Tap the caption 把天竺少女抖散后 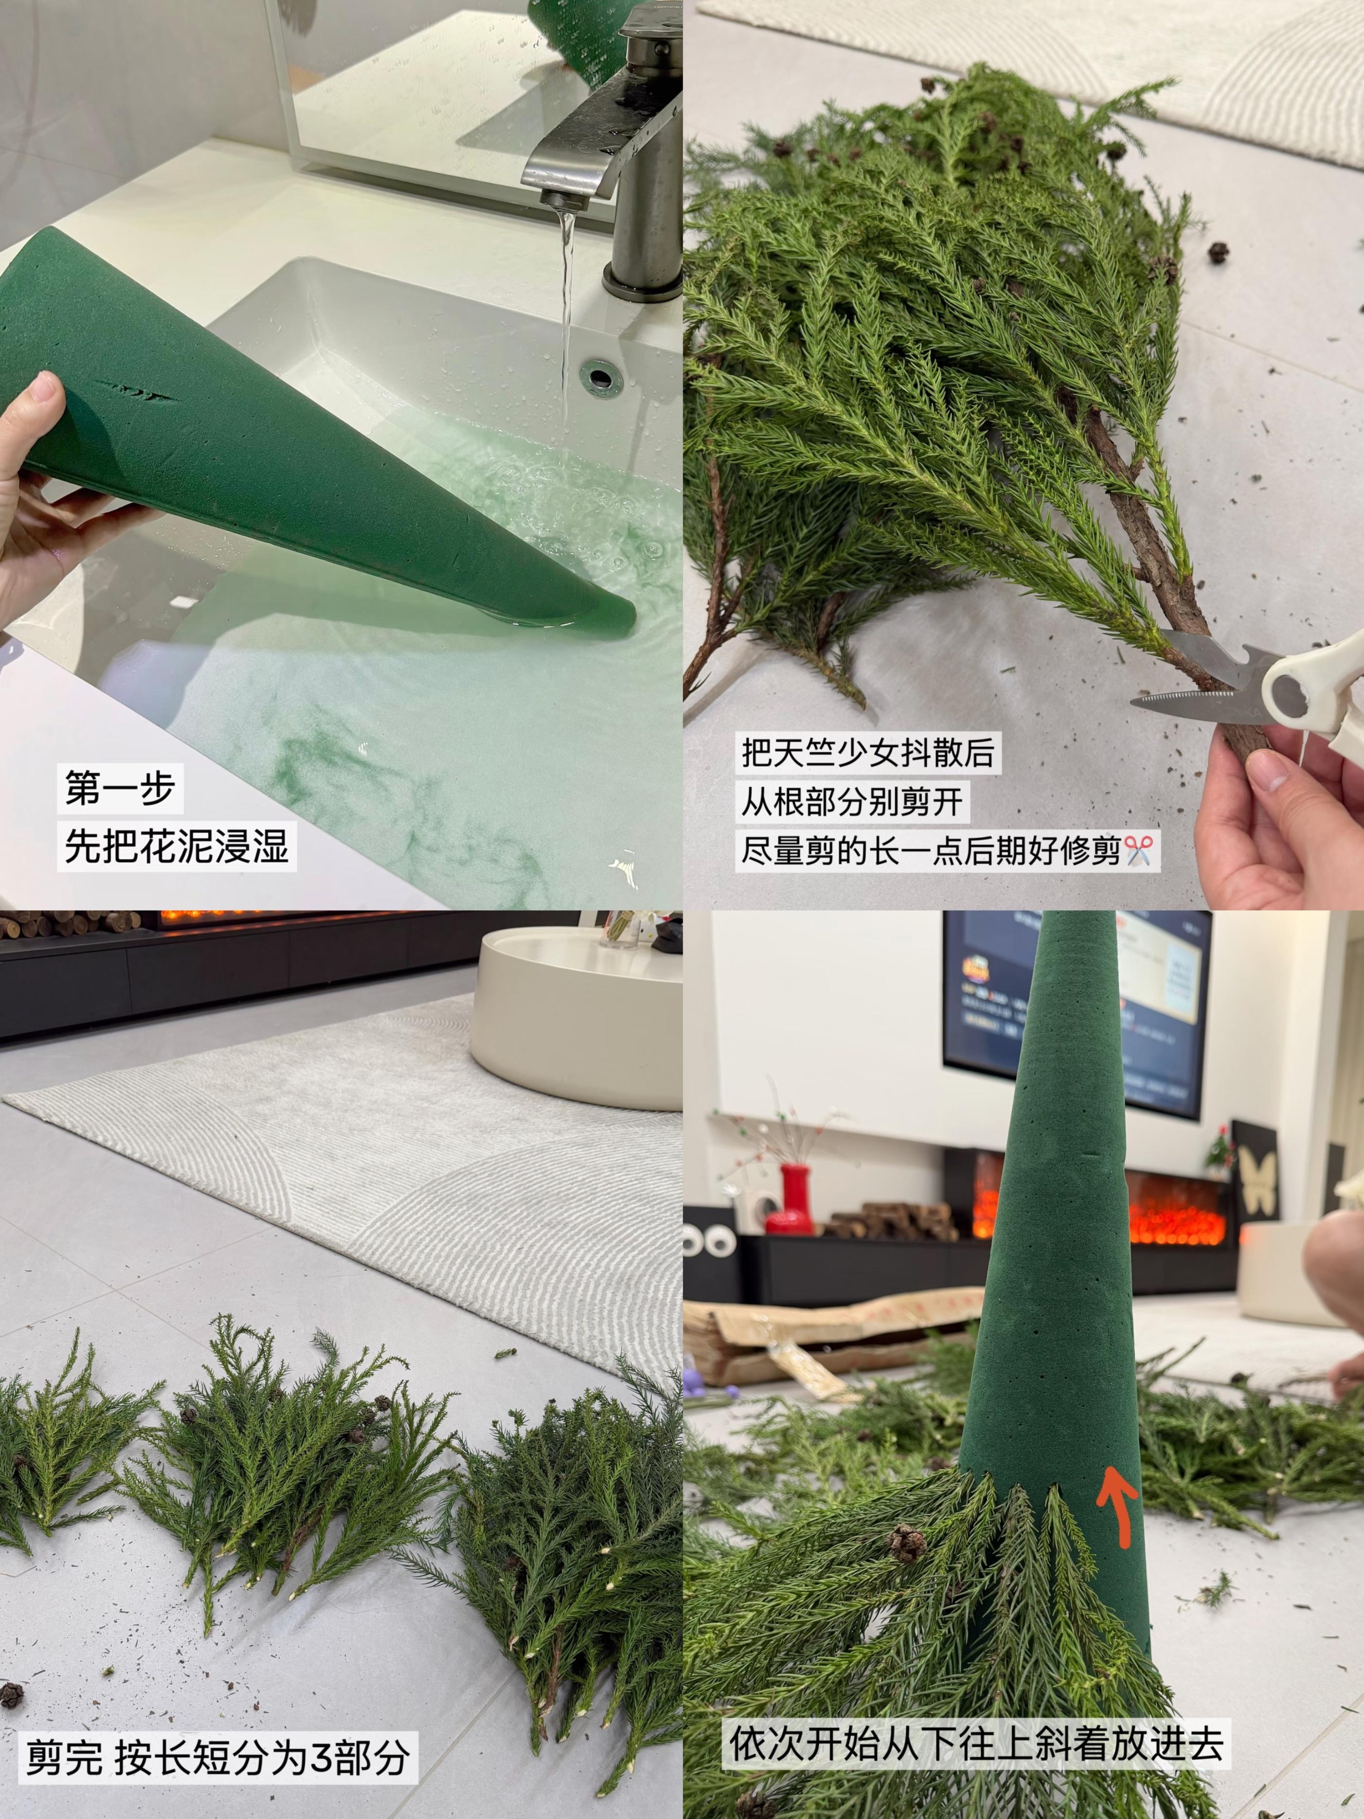(867, 752)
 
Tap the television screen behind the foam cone (1077, 1012)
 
